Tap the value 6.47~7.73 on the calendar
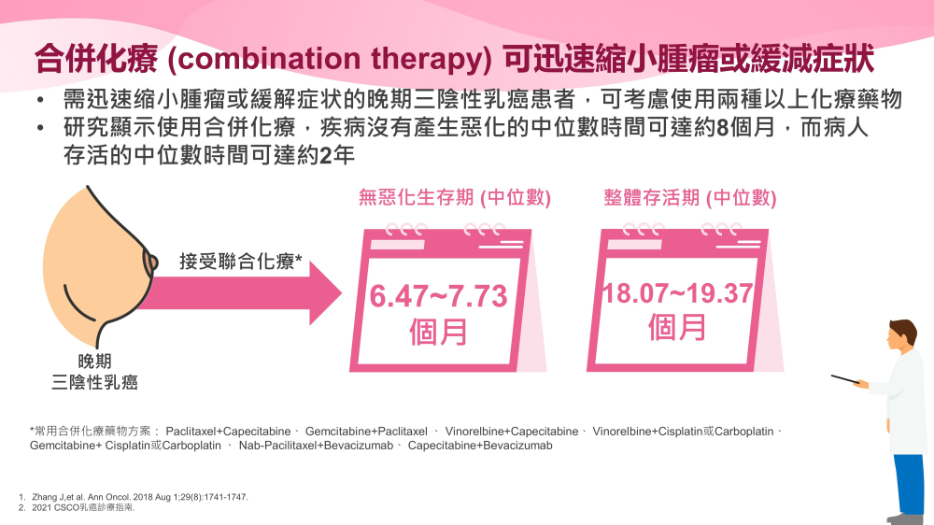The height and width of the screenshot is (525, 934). (438, 296)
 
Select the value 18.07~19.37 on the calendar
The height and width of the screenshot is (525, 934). (677, 293)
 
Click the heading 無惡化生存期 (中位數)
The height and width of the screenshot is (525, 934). (455, 197)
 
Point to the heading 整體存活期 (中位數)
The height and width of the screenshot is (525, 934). (690, 197)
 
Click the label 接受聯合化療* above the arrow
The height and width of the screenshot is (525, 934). (241, 261)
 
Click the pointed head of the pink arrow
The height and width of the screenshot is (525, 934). (341, 292)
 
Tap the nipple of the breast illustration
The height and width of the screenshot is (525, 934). (151, 262)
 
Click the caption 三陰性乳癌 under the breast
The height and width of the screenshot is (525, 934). (94, 382)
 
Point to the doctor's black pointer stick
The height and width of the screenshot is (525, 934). (845, 379)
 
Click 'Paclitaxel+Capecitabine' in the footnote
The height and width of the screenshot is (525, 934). (228, 432)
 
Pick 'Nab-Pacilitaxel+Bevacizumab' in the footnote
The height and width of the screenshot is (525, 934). (316, 446)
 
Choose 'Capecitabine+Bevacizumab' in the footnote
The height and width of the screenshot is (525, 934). (480, 446)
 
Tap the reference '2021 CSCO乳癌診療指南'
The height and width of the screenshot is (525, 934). (83, 508)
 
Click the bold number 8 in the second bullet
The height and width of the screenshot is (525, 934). (723, 128)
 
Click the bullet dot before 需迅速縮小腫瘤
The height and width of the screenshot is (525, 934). (40, 100)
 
